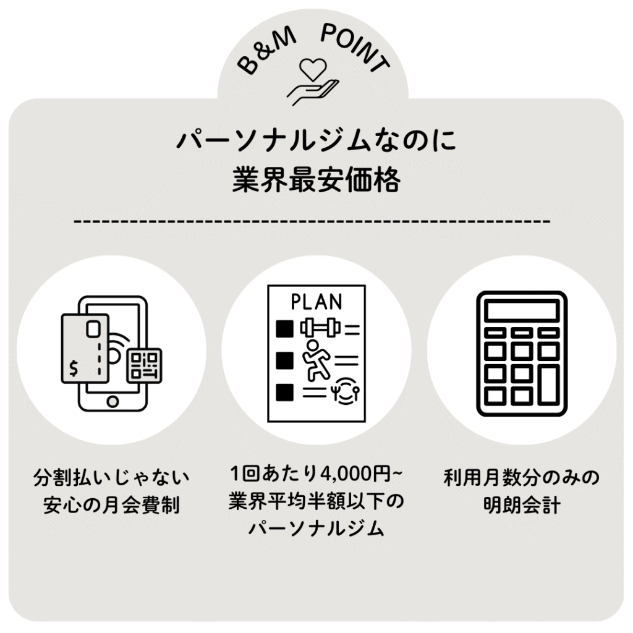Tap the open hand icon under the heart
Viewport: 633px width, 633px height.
313,93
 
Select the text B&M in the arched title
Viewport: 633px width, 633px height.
267,53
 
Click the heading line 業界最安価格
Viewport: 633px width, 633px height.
316,181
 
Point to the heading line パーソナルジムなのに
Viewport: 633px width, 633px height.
316,141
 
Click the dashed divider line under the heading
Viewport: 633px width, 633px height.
312,221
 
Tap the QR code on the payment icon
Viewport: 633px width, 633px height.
144,366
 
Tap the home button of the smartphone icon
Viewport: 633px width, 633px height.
113,402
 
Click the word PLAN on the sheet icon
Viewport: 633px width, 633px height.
316,302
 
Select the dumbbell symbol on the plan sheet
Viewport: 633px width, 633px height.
320,328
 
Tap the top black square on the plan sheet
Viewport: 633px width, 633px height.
284,329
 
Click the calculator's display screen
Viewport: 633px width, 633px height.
522,312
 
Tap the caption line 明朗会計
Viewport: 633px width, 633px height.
522,505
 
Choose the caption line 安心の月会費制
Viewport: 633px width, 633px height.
111,505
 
